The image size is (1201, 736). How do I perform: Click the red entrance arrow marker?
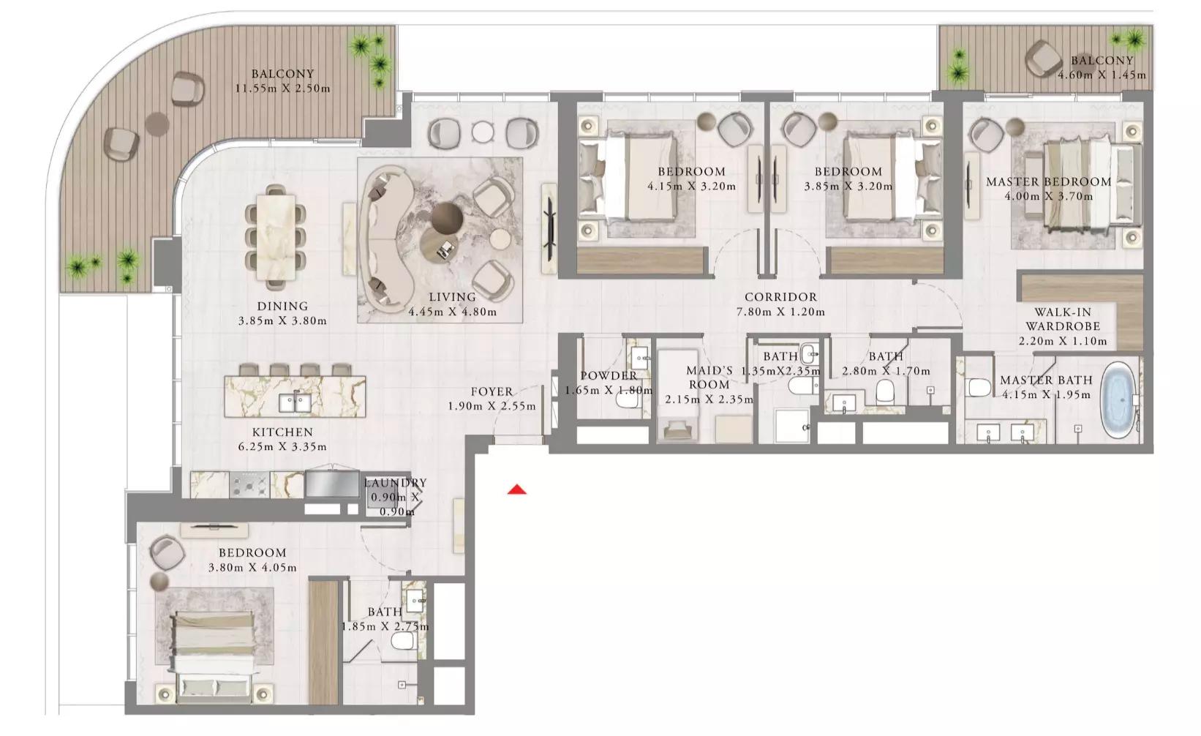pyautogui.click(x=517, y=489)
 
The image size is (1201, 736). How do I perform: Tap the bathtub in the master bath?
pyautogui.click(x=1120, y=399)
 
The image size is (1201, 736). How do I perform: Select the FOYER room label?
pyautogui.click(x=491, y=392)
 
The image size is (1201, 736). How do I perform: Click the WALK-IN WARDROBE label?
pyautogui.click(x=1062, y=319)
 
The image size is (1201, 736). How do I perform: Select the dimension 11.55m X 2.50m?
pyautogui.click(x=282, y=89)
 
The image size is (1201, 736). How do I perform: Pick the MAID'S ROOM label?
pyautogui.click(x=709, y=378)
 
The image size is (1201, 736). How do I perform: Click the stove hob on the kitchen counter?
pyautogui.click(x=249, y=484)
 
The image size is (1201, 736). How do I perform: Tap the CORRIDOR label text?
pyautogui.click(x=780, y=297)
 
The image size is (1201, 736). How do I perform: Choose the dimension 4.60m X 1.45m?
pyautogui.click(x=1102, y=75)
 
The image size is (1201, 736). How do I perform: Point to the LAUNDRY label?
pyautogui.click(x=395, y=483)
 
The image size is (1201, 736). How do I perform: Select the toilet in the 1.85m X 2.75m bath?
pyautogui.click(x=403, y=642)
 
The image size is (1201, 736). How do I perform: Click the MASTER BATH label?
pyautogui.click(x=1046, y=380)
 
